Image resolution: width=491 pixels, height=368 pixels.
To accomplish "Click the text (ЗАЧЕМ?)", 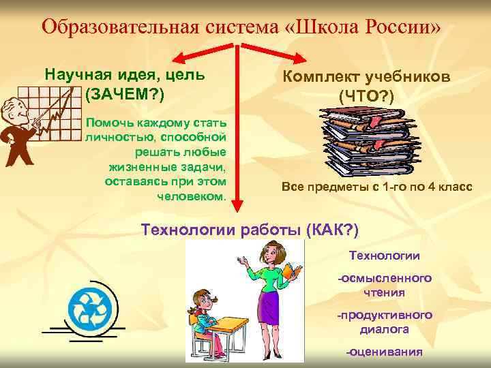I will point(125,93).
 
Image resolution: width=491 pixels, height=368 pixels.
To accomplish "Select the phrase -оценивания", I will point(384,352).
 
